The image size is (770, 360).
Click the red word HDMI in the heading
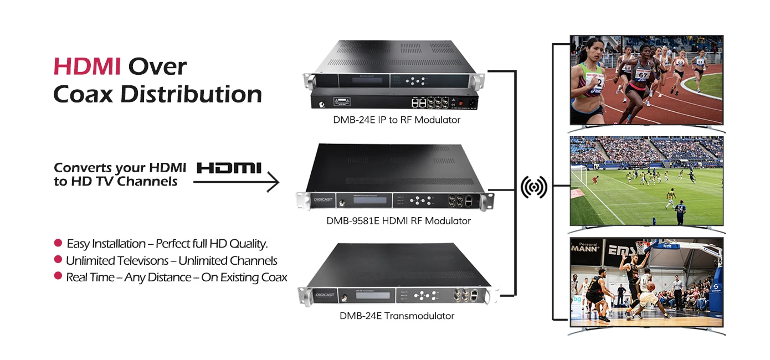(87, 66)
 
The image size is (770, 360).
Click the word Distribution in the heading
(191, 94)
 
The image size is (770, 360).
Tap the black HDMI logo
(229, 168)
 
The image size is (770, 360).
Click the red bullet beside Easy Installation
(58, 243)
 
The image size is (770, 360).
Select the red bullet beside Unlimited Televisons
(58, 260)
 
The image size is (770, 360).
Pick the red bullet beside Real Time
(58, 276)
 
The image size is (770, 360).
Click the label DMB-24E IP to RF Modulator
(397, 120)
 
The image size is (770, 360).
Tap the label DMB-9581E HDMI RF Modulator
(398, 221)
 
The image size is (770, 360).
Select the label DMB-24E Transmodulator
(397, 316)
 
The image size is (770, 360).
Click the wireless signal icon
(534, 188)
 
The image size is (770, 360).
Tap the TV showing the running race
(646, 80)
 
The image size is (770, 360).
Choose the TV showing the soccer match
(646, 181)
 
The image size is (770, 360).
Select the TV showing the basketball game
(646, 282)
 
